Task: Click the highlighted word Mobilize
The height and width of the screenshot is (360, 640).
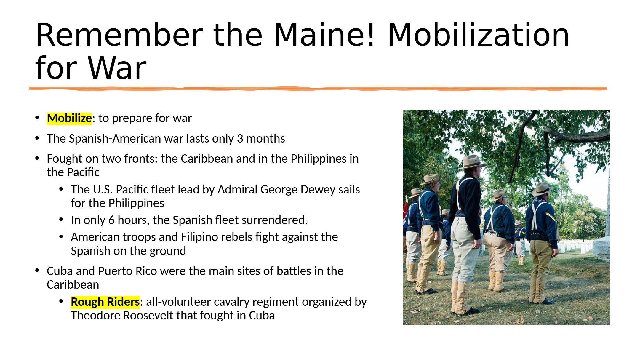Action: pos(69,118)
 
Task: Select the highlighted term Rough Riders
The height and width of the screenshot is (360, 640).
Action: pos(105,302)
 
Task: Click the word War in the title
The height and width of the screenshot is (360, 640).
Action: pos(117,68)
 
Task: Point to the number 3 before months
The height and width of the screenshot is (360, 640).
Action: pos(240,139)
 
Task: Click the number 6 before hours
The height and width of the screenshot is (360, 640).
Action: pos(111,220)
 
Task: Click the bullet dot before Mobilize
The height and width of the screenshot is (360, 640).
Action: pos(37,118)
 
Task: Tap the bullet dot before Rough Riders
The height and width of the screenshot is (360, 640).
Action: pos(61,301)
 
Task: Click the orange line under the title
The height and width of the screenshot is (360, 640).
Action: pos(318,89)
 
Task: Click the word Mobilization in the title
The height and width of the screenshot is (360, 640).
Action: pos(478,35)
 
